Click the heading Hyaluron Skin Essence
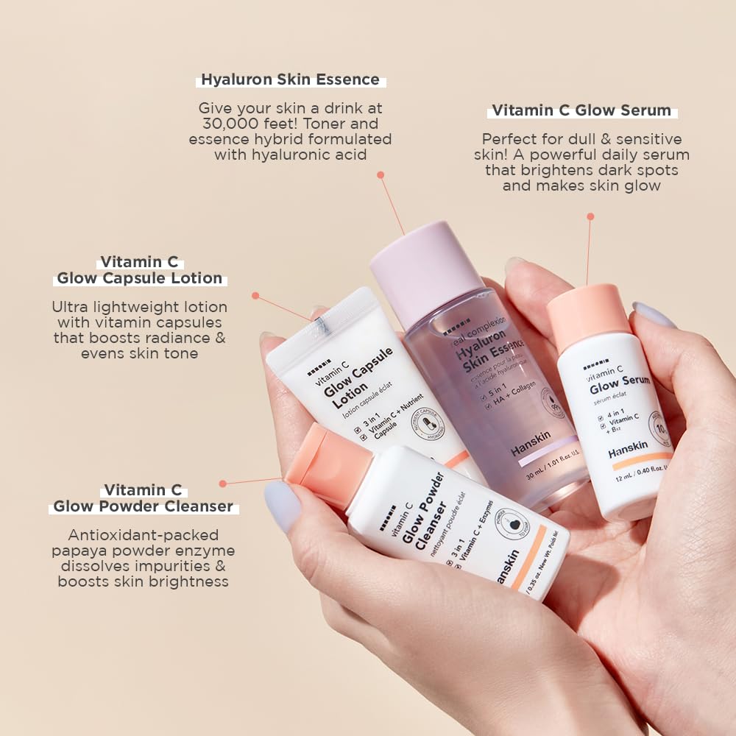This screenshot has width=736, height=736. tap(290, 79)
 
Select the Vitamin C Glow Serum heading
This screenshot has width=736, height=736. tap(581, 110)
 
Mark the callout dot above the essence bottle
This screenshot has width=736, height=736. tap(381, 175)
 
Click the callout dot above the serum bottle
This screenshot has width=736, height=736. tap(590, 216)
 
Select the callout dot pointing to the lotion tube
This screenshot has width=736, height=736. tap(255, 295)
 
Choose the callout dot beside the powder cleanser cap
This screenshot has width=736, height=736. tap(223, 484)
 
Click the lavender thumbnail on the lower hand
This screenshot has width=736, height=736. tap(282, 506)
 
